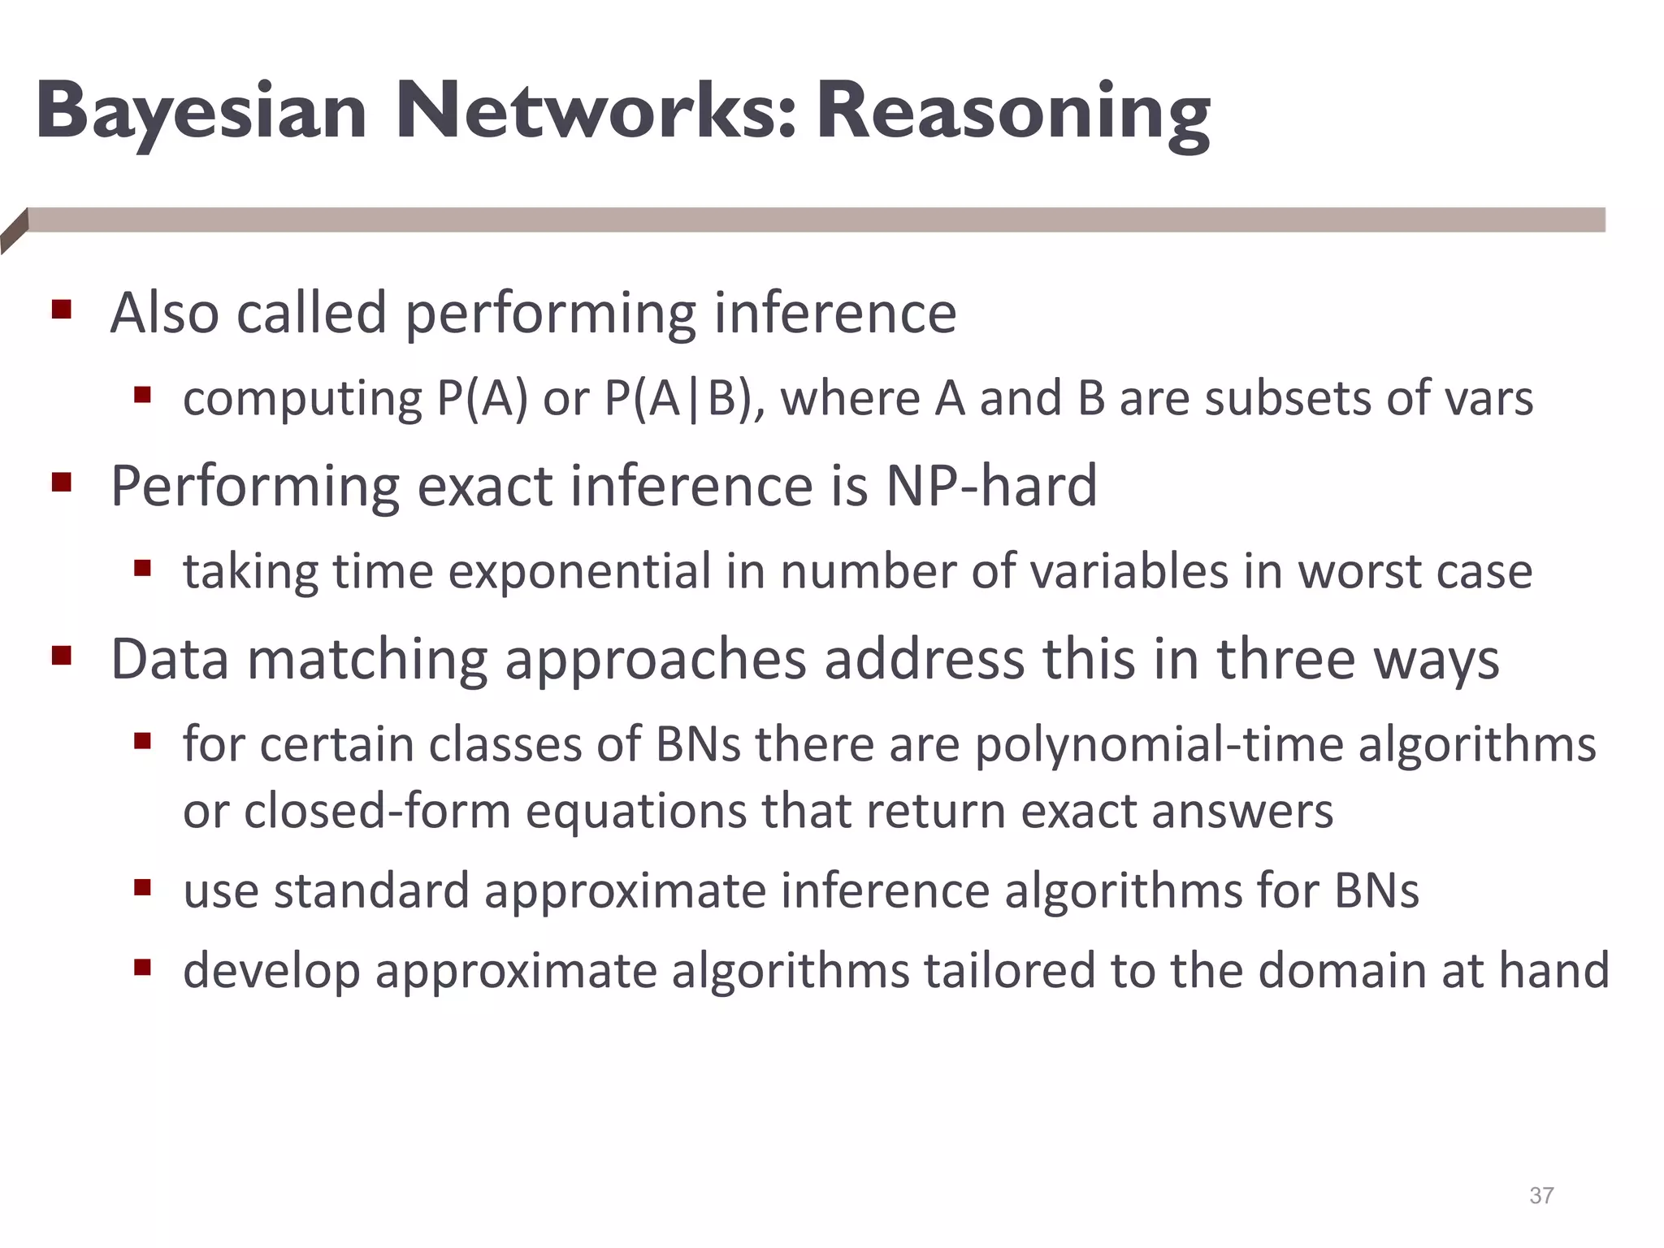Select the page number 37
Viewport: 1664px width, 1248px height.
1541,1195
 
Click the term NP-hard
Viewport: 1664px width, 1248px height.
990,486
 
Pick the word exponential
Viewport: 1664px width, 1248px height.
579,571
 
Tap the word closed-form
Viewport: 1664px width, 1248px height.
377,811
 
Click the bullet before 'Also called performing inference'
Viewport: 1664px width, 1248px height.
61,310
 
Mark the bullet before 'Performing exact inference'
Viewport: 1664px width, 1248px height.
61,483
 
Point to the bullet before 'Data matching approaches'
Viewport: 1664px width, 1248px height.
61,655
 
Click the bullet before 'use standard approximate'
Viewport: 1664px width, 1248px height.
143,887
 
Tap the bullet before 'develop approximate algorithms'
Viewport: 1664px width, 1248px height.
143,967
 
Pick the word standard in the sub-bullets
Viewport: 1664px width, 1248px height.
371,890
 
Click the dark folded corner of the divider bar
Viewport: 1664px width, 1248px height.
14,231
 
